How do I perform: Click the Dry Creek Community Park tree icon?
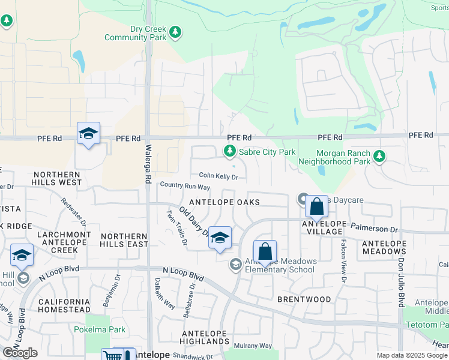click(175, 32)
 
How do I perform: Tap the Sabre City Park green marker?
click(229, 152)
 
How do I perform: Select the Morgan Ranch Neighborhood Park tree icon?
click(379, 157)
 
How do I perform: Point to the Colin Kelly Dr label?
click(218, 176)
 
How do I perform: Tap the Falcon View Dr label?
click(343, 262)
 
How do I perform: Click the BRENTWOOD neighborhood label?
click(304, 299)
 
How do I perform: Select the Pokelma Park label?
click(100, 329)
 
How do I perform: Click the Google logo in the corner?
click(20, 353)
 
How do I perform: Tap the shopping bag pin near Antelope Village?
click(316, 208)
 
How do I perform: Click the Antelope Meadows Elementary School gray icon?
click(236, 264)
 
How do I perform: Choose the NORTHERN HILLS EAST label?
click(124, 241)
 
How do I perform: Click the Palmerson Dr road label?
click(376, 229)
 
